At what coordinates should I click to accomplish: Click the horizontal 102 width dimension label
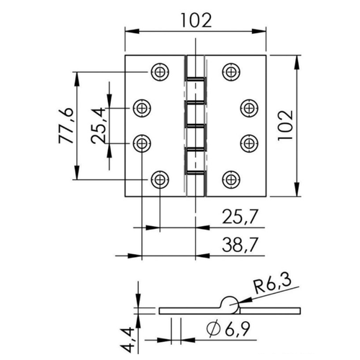tap(196, 20)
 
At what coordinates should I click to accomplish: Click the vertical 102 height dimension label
tap(286, 125)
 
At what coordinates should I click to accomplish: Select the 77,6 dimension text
tap(66, 125)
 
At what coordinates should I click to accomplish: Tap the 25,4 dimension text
tap(99, 125)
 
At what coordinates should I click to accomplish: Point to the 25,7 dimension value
tap(240, 217)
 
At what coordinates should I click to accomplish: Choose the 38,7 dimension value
tap(240, 245)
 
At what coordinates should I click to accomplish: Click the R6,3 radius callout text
tap(273, 285)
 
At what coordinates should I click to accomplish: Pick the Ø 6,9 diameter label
tap(228, 328)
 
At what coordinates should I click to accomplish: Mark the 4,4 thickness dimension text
tap(127, 340)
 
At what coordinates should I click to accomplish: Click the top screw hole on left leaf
tap(160, 71)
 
